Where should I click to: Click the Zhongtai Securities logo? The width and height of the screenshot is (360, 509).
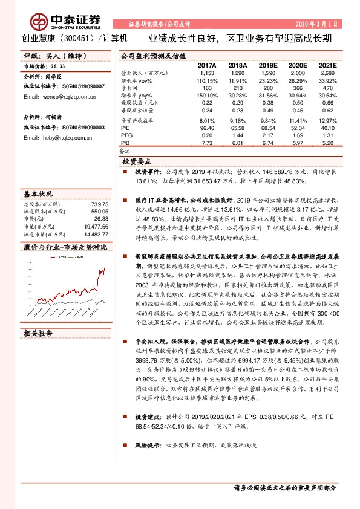54,21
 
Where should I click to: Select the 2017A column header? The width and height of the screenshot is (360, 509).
207,64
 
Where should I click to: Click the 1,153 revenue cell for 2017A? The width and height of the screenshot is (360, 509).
207,73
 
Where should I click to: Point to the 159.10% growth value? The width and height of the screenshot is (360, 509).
207,96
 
